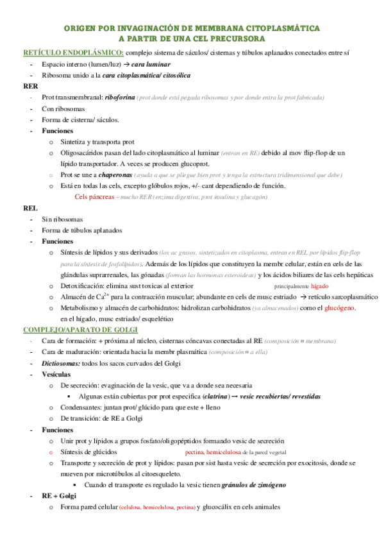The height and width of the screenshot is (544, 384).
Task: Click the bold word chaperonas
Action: (x=106, y=175)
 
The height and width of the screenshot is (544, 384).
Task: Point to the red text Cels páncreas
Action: (x=96, y=197)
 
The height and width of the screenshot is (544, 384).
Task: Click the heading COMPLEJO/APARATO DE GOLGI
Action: (x=76, y=330)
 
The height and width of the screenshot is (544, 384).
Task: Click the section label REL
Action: (x=30, y=208)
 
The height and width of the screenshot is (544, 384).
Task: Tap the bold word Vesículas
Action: (x=58, y=374)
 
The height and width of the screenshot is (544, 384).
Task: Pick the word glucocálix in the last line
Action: (x=229, y=507)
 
